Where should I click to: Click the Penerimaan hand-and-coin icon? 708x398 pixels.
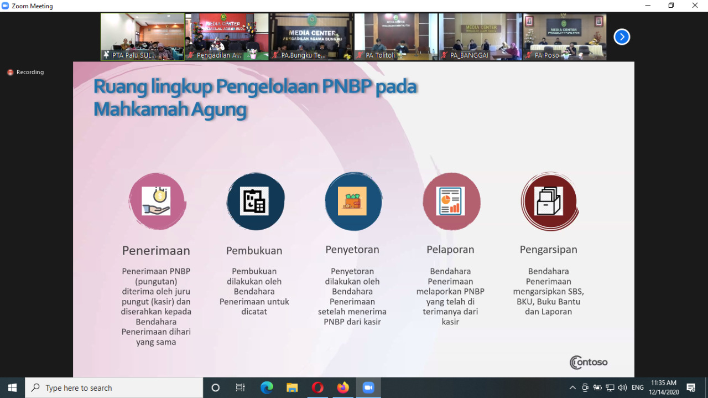click(x=157, y=201)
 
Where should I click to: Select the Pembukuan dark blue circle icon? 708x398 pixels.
click(x=255, y=201)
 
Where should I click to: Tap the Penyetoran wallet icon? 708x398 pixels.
click(x=353, y=201)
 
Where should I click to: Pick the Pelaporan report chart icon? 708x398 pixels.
click(x=451, y=201)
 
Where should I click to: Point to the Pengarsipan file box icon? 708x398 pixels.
click(x=549, y=201)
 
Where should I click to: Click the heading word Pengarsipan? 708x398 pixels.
click(x=548, y=250)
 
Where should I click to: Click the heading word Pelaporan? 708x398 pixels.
click(x=450, y=250)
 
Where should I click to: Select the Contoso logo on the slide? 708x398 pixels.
click(x=589, y=363)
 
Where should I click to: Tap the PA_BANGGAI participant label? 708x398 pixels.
click(x=469, y=55)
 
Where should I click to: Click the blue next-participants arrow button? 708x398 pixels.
click(x=622, y=37)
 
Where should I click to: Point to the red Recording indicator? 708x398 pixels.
click(x=25, y=73)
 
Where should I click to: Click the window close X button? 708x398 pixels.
click(x=695, y=6)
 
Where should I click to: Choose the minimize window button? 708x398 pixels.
click(x=648, y=6)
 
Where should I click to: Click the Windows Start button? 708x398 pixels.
click(x=12, y=387)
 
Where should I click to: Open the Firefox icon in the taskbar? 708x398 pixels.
click(x=343, y=387)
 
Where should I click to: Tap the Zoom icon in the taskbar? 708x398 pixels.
click(x=368, y=387)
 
